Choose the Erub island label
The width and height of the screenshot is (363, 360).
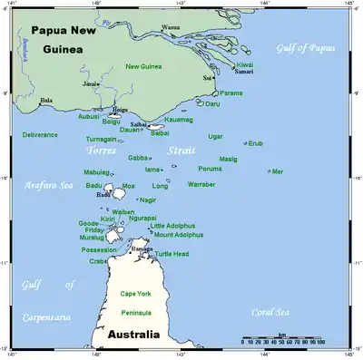(256, 142)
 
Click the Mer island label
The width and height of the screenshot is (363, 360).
(278, 170)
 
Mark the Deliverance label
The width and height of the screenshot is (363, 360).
(40, 134)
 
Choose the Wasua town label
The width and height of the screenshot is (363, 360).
(171, 27)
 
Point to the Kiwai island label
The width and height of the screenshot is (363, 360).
(244, 64)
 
